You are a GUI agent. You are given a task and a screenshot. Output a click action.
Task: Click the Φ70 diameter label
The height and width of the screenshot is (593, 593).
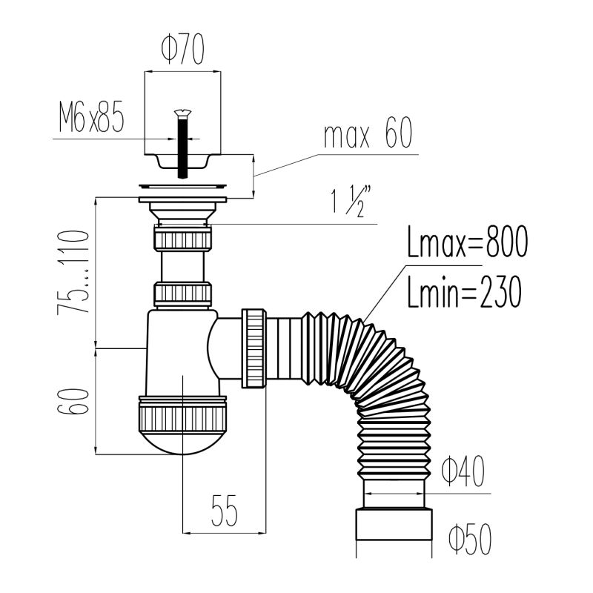pyautogui.click(x=183, y=49)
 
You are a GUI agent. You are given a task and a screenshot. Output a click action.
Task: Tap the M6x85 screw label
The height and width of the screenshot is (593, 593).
pyautogui.click(x=91, y=116)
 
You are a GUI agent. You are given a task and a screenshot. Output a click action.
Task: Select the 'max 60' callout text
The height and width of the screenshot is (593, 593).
pyautogui.click(x=368, y=133)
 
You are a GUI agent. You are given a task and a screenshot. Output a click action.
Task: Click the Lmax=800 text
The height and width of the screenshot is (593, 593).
pyautogui.click(x=468, y=242)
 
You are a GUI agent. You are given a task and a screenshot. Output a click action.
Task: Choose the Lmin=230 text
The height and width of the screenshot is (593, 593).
pyautogui.click(x=465, y=291)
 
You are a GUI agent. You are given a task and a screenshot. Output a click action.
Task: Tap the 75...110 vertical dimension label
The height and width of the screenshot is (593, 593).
pyautogui.click(x=73, y=272)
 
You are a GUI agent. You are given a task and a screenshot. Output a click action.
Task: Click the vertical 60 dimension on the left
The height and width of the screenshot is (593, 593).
pyautogui.click(x=73, y=401)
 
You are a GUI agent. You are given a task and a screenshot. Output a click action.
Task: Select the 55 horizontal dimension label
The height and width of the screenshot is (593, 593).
pyautogui.click(x=225, y=511)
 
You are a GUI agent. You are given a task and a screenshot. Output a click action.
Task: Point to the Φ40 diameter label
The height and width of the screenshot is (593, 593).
pyautogui.click(x=463, y=471)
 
